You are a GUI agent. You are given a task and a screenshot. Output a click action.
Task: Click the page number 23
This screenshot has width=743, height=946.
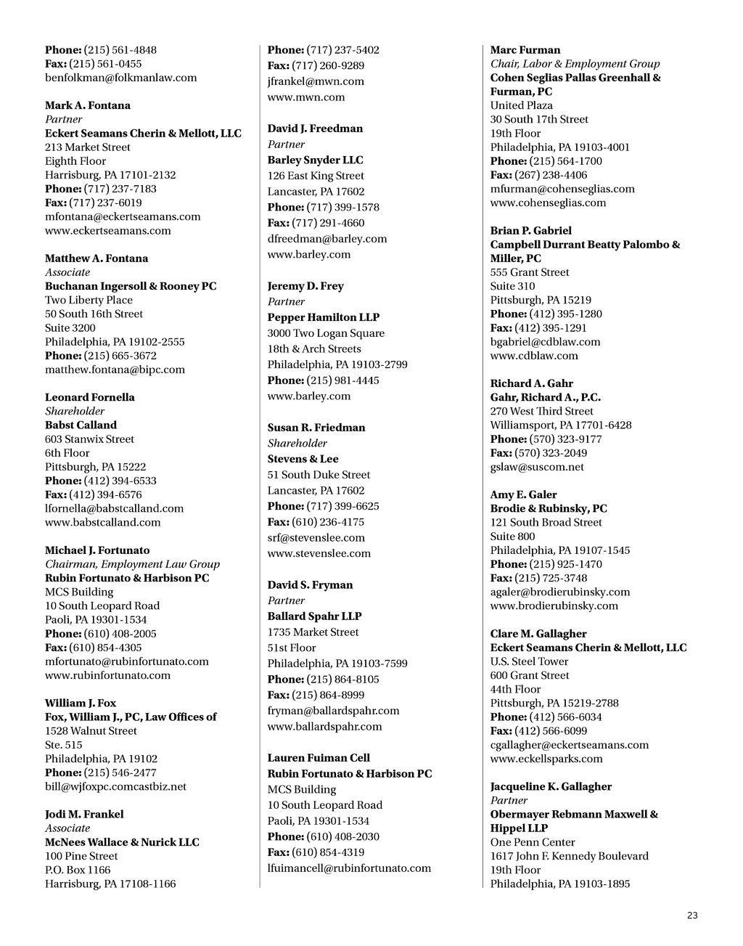(692, 916)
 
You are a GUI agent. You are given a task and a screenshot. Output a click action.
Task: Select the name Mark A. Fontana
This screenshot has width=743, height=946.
(88, 105)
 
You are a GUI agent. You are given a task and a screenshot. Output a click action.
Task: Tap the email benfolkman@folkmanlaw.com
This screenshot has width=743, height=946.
(120, 78)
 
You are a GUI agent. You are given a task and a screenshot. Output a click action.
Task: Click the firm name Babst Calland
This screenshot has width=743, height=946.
(81, 425)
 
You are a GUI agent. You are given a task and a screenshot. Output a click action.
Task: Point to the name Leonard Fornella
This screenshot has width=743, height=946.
(89, 397)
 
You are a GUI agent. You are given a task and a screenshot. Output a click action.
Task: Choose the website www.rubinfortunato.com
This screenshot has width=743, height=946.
(107, 675)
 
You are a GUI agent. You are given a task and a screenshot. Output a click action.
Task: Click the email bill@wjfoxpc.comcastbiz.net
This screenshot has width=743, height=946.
(115, 786)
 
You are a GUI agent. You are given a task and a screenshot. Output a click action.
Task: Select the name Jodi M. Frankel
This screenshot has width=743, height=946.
(84, 814)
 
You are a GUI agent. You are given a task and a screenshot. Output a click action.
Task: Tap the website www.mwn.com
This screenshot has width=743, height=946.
(306, 97)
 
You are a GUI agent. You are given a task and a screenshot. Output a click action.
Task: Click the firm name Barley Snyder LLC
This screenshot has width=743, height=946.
(315, 160)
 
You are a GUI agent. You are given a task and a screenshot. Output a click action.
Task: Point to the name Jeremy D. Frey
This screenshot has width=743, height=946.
(305, 286)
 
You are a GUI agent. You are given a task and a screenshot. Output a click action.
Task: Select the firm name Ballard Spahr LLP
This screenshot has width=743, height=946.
(314, 616)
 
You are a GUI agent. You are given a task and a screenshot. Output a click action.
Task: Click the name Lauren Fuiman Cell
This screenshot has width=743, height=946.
(319, 758)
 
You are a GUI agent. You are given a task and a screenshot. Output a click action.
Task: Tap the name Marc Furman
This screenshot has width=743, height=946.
(525, 50)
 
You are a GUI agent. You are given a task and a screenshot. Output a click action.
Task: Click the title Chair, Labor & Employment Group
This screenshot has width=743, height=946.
(575, 64)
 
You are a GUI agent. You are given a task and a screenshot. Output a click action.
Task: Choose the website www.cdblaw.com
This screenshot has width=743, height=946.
(534, 356)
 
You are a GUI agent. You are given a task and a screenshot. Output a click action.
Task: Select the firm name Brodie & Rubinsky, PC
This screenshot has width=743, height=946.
(549, 508)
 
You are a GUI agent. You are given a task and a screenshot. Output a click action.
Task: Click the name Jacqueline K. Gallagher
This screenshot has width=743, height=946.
(551, 786)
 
